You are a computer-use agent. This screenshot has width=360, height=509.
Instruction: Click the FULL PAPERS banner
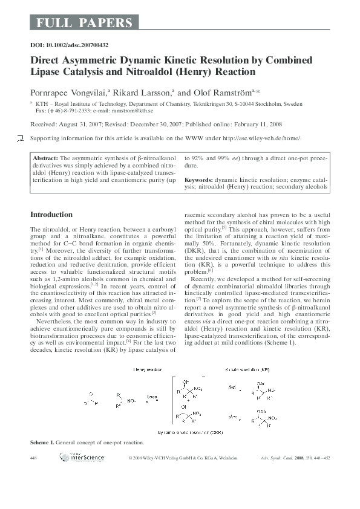coord(84,24)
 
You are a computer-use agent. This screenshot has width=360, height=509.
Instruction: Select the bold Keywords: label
coord(198,180)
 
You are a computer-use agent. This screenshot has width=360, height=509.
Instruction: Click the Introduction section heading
coord(51,215)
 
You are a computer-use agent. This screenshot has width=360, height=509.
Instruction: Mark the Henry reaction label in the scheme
coord(147,368)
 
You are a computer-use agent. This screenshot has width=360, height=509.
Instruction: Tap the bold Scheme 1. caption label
coord(42,443)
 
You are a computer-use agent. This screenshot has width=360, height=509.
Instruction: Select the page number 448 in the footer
coord(34,459)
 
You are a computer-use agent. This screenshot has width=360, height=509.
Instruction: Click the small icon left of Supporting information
coord(22,139)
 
